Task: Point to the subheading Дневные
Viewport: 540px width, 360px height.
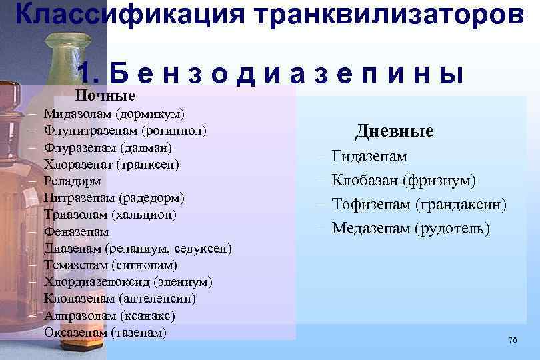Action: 394,131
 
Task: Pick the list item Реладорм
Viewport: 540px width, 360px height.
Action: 73,181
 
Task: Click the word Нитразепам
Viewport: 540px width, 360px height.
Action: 79,197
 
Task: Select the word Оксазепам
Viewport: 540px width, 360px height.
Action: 75,332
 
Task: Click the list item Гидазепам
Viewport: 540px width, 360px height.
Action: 369,157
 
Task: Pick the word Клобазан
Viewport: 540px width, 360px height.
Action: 365,181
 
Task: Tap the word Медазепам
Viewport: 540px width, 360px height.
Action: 370,229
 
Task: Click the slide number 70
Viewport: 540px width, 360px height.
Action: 512,341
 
